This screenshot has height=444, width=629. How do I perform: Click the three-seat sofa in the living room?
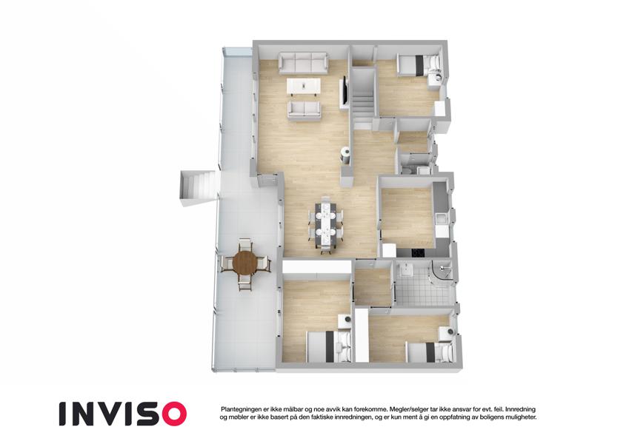click(x=303, y=64)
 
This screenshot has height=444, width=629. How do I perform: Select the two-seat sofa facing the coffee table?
click(x=304, y=110)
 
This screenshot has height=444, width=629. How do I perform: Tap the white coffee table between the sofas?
click(x=304, y=87)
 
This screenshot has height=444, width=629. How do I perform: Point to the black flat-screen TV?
click(x=344, y=90)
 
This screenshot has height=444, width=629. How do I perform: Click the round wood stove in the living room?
click(x=345, y=155)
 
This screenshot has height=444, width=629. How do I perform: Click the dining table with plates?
click(x=325, y=223)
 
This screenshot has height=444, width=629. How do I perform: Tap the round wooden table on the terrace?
click(x=244, y=263)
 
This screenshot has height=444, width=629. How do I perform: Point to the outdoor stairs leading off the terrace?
click(x=199, y=189)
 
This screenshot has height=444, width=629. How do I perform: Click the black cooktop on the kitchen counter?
click(x=418, y=253)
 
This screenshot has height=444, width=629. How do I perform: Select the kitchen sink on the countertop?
click(x=441, y=219)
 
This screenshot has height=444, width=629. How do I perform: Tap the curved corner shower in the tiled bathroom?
click(x=442, y=272)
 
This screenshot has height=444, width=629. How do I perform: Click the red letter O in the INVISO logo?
click(x=172, y=414)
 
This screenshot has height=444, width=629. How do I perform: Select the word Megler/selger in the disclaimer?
click(x=406, y=409)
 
